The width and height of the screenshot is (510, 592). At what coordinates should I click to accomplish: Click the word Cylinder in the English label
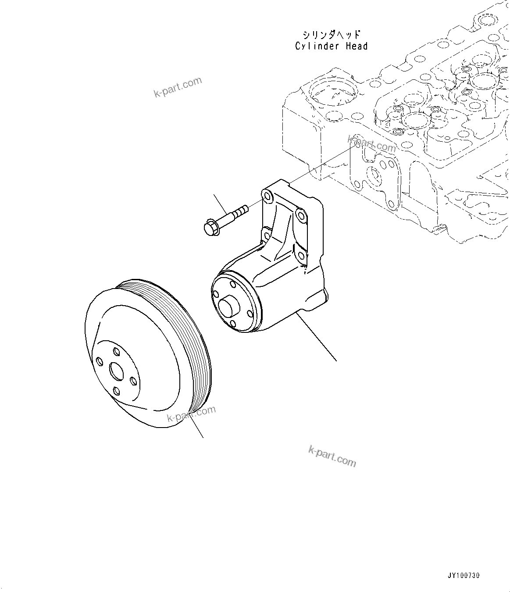coord(316,46)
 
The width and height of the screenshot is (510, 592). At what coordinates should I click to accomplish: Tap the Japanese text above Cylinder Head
coord(332,35)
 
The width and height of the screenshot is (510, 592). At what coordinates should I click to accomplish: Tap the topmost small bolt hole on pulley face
coord(116,351)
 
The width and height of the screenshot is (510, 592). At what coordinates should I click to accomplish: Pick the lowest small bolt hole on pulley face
coord(117,391)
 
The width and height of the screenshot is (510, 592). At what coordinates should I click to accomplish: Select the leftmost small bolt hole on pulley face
coord(100,361)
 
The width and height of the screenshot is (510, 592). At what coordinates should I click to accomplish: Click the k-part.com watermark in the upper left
coord(178,87)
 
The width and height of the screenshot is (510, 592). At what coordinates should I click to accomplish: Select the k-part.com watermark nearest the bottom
coord(332,456)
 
